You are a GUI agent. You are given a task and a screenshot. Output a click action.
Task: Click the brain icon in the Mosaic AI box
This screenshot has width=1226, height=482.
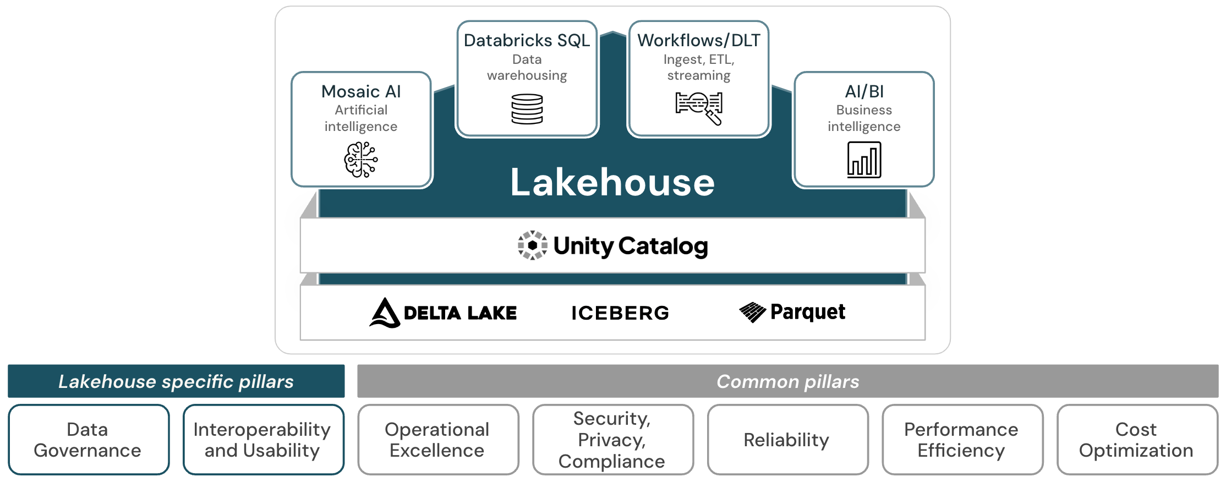(x=361, y=160)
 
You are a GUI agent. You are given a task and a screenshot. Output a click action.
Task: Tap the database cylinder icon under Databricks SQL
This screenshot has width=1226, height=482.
(x=527, y=109)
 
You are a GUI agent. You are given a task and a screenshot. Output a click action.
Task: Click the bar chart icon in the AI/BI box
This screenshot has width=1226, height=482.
(x=864, y=160)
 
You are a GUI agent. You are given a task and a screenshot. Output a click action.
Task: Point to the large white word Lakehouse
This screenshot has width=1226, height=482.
(x=612, y=183)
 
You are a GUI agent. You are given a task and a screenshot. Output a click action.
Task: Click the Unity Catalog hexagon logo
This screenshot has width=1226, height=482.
(x=532, y=245)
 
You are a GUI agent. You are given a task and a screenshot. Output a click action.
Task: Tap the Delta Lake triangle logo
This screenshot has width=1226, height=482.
(x=385, y=313)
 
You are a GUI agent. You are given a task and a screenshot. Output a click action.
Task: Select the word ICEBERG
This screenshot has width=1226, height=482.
(x=620, y=313)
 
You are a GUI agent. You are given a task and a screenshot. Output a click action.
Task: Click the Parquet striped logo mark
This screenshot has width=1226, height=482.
(x=752, y=312)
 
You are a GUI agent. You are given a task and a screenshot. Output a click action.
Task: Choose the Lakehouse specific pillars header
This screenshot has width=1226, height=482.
(x=176, y=381)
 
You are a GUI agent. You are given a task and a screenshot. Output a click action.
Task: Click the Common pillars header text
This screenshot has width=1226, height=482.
(x=787, y=381)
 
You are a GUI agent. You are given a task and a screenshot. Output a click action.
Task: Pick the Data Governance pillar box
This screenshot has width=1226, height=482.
(x=88, y=440)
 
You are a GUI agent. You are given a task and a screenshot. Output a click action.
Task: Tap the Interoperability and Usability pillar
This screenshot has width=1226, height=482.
(x=263, y=440)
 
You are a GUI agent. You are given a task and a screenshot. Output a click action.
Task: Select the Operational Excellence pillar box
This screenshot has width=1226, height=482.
(x=437, y=440)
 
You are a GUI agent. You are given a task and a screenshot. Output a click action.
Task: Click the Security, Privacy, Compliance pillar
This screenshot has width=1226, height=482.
(x=612, y=440)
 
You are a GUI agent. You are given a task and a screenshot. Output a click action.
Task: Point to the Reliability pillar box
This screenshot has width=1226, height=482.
(x=787, y=440)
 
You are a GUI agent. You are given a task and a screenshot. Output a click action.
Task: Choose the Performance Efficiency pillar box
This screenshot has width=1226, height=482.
(x=962, y=440)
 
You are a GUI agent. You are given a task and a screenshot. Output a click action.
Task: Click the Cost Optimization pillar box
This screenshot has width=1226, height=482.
(x=1136, y=440)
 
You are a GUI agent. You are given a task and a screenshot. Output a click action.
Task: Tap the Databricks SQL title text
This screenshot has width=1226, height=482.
(x=527, y=40)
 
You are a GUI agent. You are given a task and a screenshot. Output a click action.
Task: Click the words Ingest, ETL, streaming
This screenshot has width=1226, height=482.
(x=699, y=67)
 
